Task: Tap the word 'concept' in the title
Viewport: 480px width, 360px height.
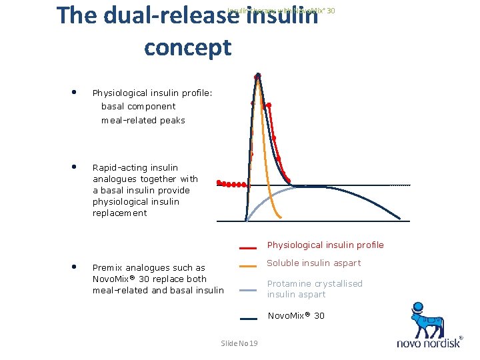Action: pos(187,48)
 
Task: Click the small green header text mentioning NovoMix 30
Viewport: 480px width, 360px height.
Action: pos(281,11)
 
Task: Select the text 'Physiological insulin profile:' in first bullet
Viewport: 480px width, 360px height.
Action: pos(152,93)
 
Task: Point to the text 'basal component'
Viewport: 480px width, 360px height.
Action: pos(138,107)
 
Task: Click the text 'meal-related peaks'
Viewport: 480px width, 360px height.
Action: pos(143,121)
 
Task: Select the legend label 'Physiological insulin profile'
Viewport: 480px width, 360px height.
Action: pos(325,245)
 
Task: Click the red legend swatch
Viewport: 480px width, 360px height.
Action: pos(249,246)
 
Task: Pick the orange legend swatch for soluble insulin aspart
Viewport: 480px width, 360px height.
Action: pos(249,266)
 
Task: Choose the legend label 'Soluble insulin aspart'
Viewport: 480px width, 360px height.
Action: pos(313,263)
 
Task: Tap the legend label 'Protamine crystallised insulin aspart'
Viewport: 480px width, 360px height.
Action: pos(315,289)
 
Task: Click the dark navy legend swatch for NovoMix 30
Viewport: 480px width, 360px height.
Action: pos(249,318)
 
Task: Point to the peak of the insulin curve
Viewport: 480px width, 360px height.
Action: pos(258,75)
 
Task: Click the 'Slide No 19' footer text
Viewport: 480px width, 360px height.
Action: pos(239,343)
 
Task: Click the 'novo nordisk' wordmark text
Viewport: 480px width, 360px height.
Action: pos(429,344)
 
